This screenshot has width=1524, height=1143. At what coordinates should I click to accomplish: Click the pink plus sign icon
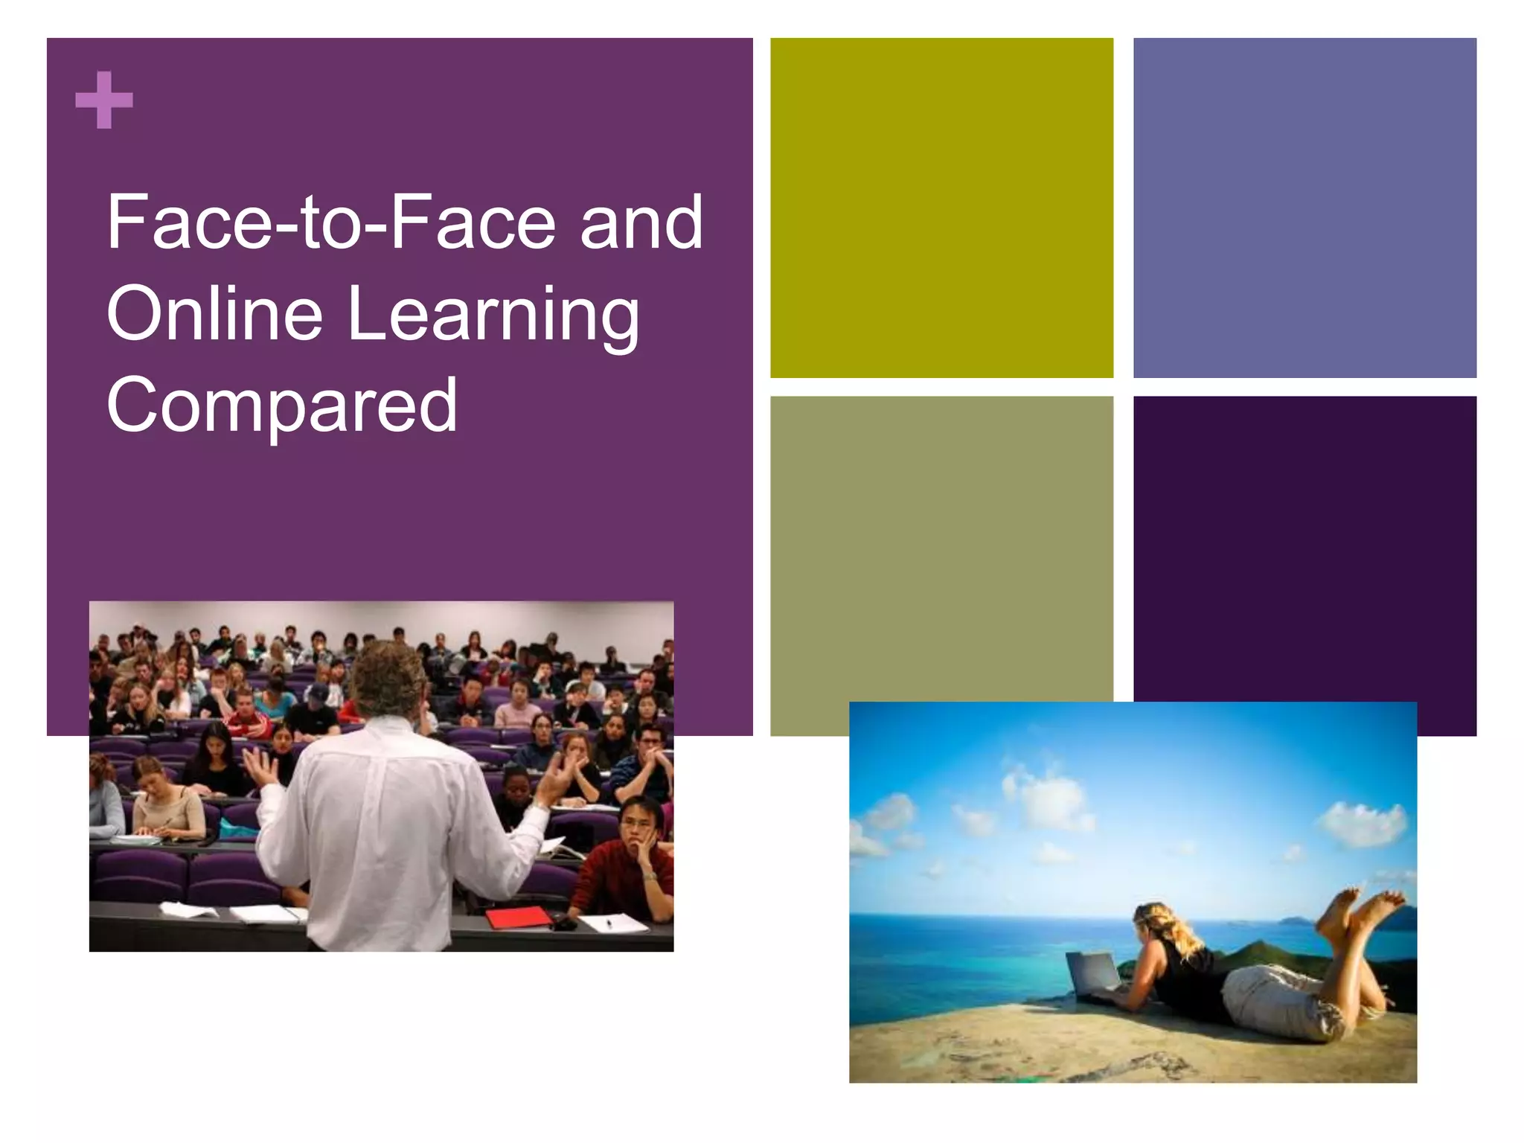104,100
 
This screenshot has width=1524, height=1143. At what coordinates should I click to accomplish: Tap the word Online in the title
214,313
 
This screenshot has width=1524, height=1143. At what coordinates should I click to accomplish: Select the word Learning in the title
493,315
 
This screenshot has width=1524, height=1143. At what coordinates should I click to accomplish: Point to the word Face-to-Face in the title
331,222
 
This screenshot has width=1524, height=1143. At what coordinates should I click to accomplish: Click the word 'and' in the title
641,222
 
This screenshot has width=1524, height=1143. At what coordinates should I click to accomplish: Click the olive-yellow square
941,208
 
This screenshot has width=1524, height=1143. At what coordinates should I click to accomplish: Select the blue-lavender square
1304,208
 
